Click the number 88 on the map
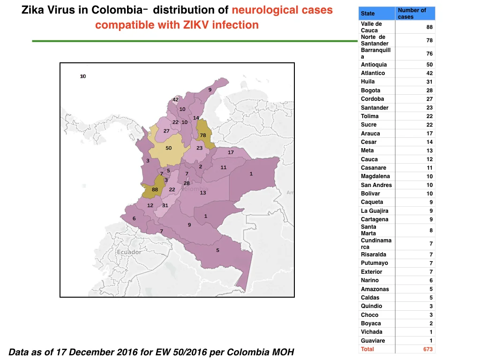coord(155,189)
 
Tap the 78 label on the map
coord(203,135)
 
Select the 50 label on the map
coord(169,148)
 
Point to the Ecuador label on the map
coord(129,252)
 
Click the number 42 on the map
coord(175,99)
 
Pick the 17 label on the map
coord(231,152)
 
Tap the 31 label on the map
coord(165,205)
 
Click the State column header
coord(367,14)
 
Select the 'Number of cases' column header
coord(412,14)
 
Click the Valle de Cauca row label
coord(371,27)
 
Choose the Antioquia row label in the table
coord(374,65)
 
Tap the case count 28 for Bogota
coord(429,90)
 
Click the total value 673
coord(428,349)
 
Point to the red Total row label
coord(367,349)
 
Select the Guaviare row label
coord(373,340)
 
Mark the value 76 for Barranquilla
coord(429,53)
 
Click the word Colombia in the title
coord(117,10)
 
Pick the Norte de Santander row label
coord(375,40)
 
